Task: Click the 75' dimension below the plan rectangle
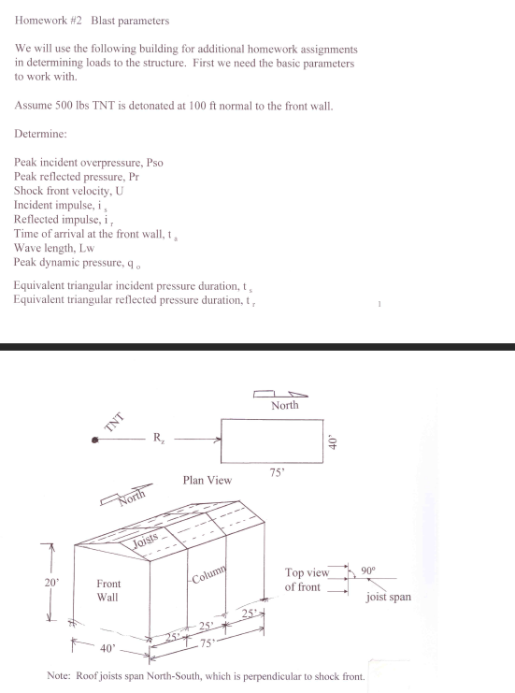coord(277,473)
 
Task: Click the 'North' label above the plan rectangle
coord(285,406)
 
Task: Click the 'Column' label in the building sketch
coord(214,572)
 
